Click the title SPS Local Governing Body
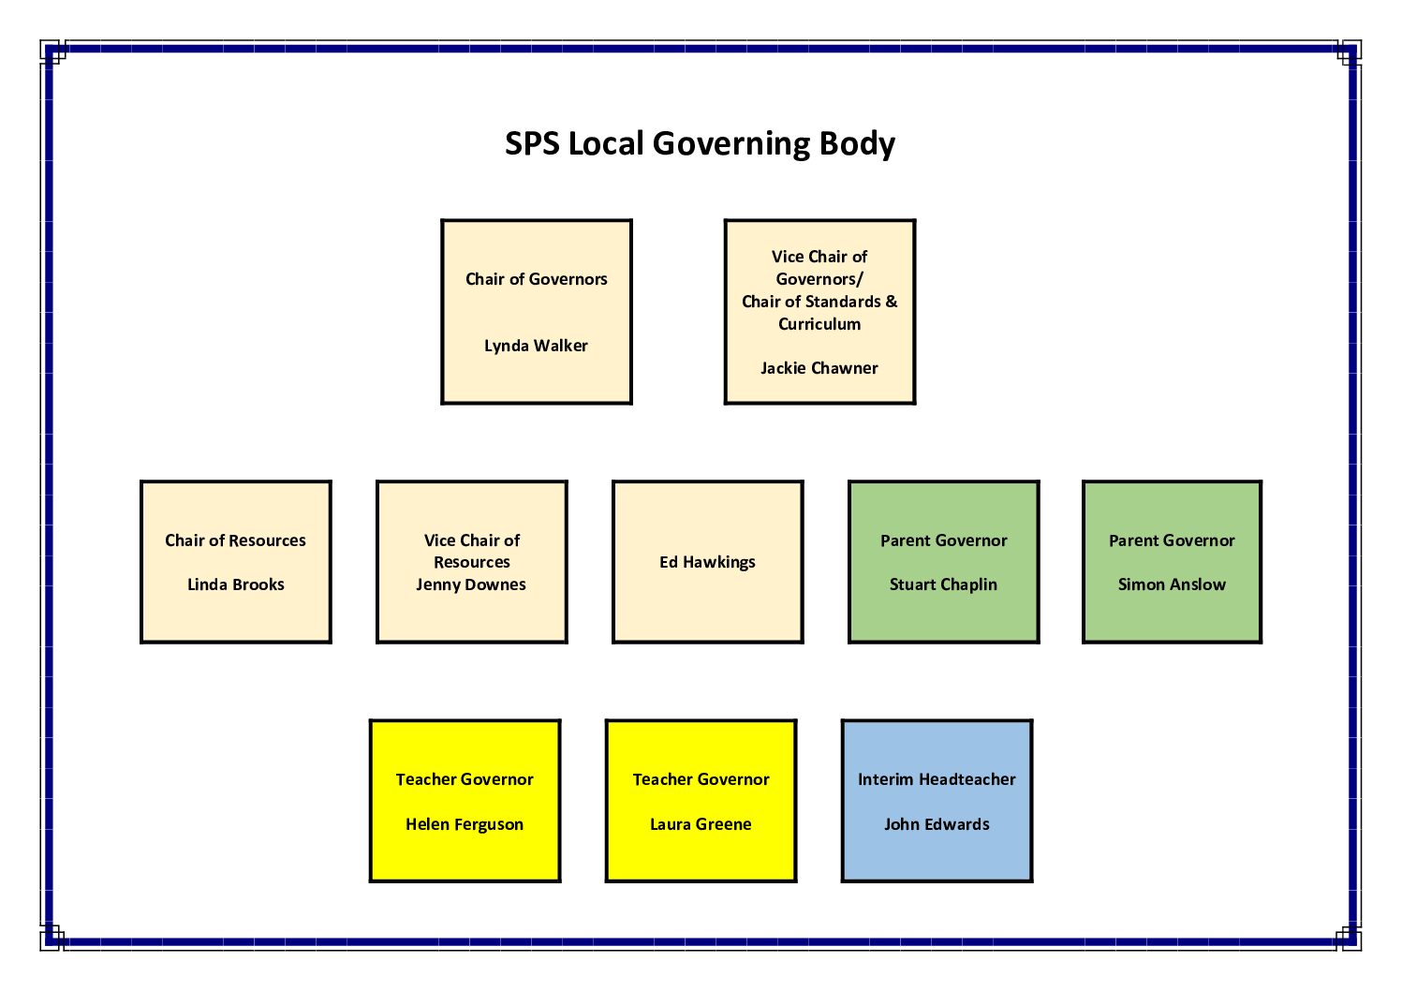[700, 143]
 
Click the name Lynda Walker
[536, 346]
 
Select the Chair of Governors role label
[536, 279]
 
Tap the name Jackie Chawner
[819, 368]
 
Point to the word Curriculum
[819, 324]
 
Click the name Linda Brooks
[235, 584]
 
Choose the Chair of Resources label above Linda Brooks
[235, 540]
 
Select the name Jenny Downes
[471, 584]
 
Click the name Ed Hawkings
[707, 562]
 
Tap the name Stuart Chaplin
[943, 584]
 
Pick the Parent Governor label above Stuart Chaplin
[943, 540]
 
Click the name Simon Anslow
[1172, 584]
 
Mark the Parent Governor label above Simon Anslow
[1172, 540]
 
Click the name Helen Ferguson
[465, 824]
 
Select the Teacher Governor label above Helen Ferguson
[465, 779]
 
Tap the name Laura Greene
[701, 824]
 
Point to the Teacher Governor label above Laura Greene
[701, 779]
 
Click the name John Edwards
[937, 824]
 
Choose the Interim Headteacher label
[937, 779]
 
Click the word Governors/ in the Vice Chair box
[819, 279]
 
